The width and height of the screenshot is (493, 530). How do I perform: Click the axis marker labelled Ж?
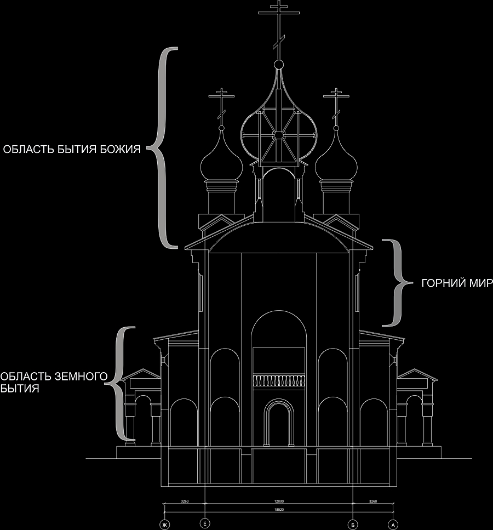point(163,525)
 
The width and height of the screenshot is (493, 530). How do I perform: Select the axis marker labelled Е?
point(205,523)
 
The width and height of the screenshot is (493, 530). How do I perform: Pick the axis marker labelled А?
point(392,525)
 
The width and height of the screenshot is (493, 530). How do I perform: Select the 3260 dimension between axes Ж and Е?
point(184,500)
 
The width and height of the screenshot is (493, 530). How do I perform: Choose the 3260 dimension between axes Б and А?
point(373,500)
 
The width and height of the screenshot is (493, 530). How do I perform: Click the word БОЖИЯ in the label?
point(123,149)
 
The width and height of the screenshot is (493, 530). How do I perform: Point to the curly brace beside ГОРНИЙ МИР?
point(398,283)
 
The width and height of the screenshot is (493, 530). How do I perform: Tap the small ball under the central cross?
point(279,65)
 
